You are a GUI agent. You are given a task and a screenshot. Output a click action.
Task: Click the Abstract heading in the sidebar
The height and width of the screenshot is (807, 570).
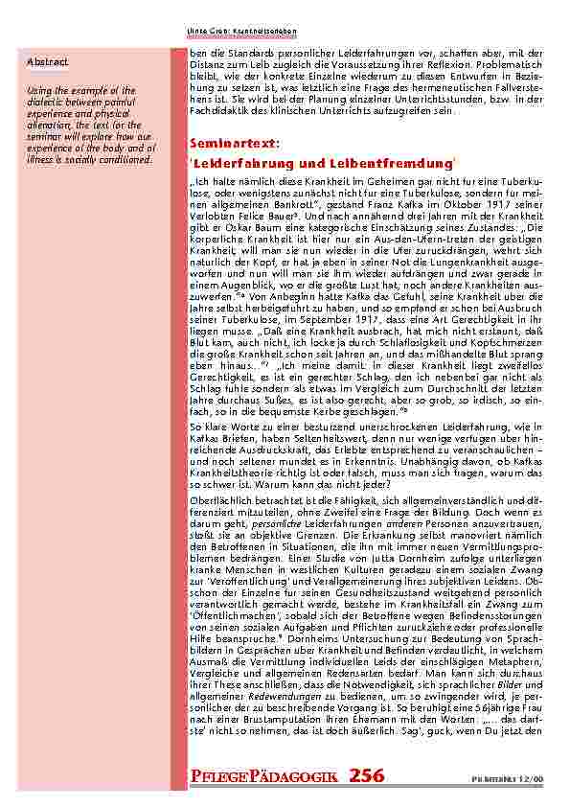47,61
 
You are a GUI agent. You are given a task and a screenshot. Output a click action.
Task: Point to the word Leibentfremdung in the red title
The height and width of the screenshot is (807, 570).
394,163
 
